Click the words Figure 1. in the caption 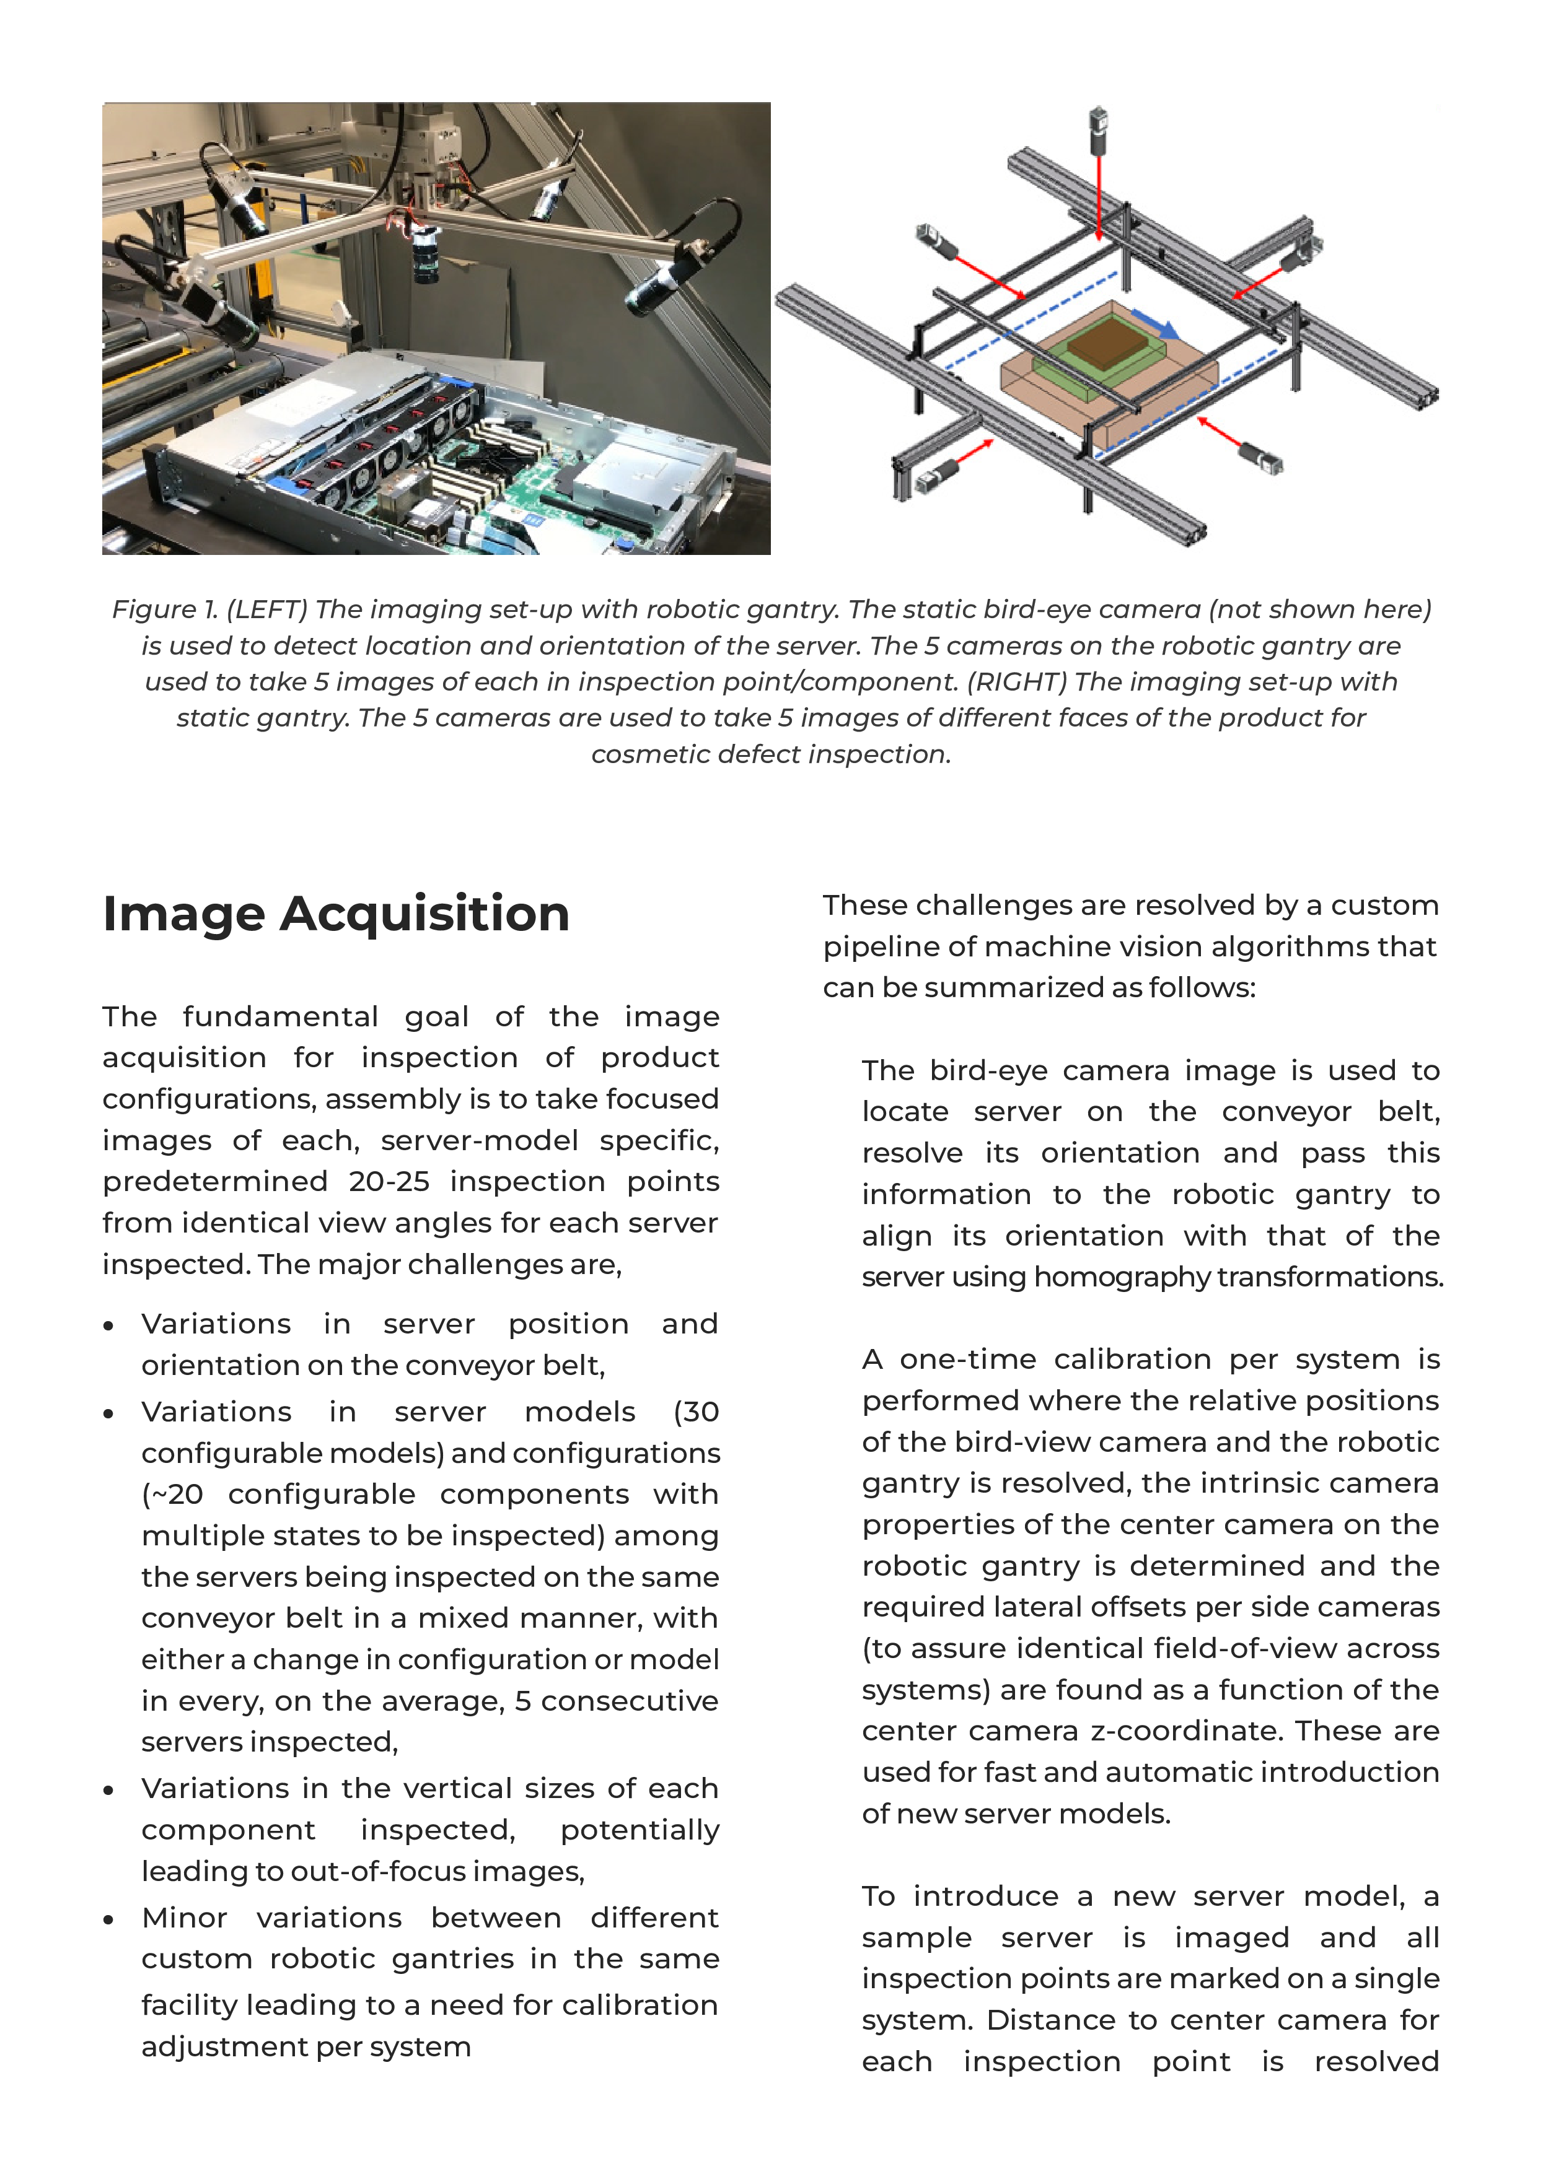pos(164,609)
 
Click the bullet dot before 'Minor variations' pos(109,1919)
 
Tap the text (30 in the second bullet pos(695,1412)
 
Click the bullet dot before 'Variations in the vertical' pos(109,1790)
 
